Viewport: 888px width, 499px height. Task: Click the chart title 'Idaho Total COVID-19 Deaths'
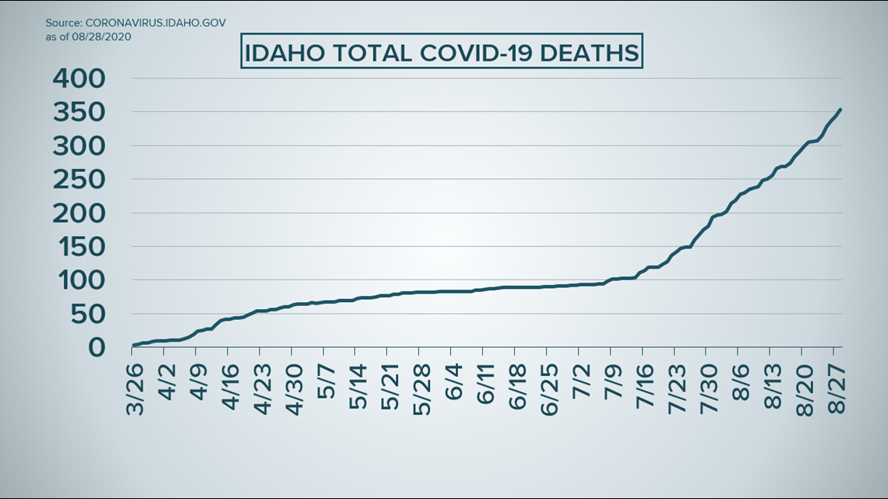click(x=441, y=54)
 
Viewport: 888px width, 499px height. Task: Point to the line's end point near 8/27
click(x=840, y=110)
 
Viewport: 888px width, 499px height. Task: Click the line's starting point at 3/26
click(x=133, y=345)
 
